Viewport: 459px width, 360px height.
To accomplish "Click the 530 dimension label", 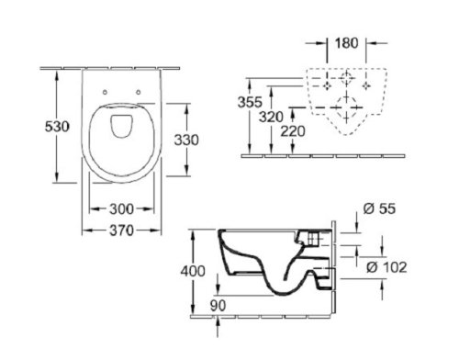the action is coord(57,127).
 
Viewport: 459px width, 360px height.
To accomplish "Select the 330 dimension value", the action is coord(186,140).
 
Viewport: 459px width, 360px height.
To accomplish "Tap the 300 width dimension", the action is coord(121,209).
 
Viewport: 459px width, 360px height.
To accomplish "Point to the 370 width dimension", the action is coord(121,231).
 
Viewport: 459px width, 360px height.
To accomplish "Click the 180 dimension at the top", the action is coord(346,43).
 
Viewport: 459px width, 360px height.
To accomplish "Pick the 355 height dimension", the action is coord(250,102).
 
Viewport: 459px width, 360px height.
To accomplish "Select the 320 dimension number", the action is coord(271,117).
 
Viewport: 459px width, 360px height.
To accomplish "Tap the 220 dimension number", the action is coord(293,131).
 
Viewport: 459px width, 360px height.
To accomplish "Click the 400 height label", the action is coord(193,271).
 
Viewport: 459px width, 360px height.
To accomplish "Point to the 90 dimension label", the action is coord(218,306).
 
